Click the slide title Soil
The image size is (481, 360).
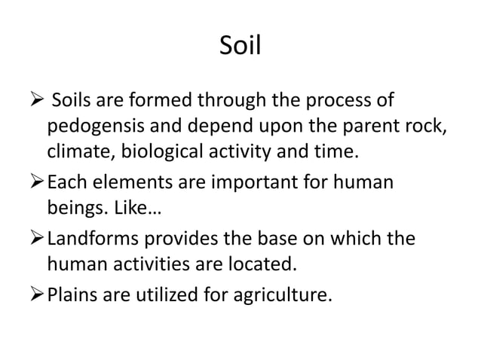click(240, 47)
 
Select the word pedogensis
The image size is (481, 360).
click(94, 125)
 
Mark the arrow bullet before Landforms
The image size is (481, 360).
click(38, 239)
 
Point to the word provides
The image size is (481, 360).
click(191, 239)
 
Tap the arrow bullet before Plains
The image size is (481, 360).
click(38, 291)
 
